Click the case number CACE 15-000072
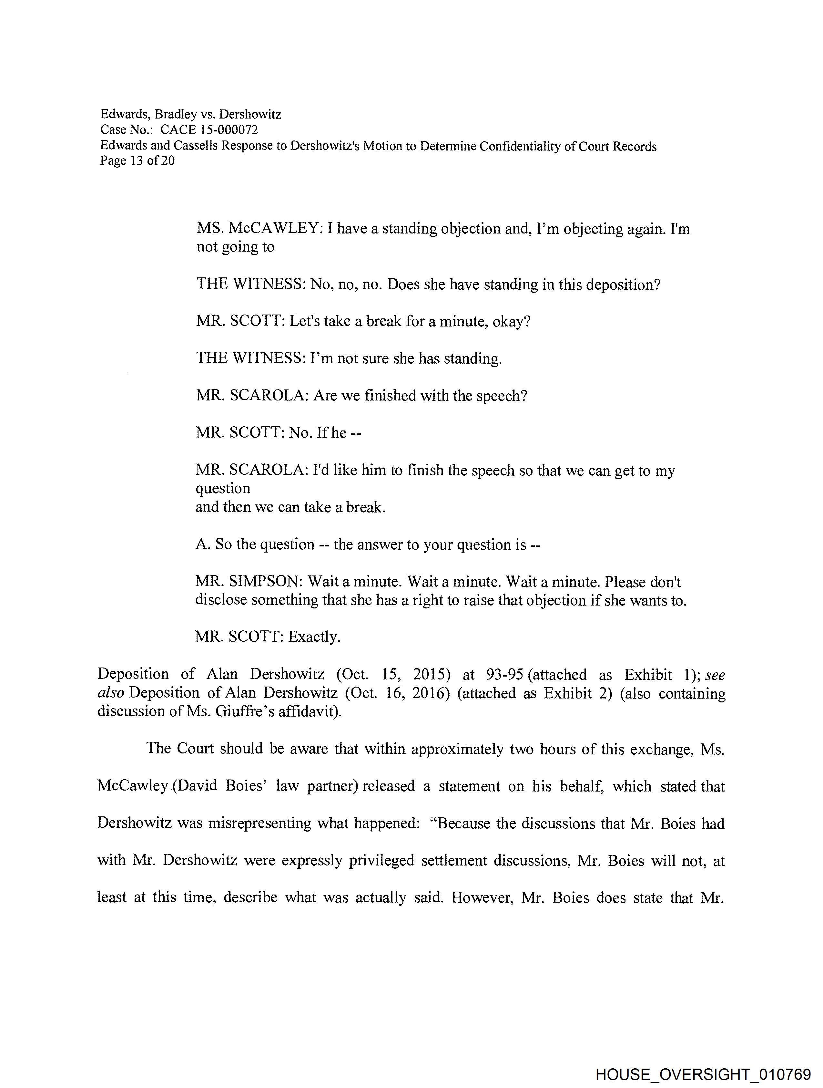coord(209,130)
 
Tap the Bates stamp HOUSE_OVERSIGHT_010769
coord(703,1074)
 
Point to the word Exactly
coord(314,637)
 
